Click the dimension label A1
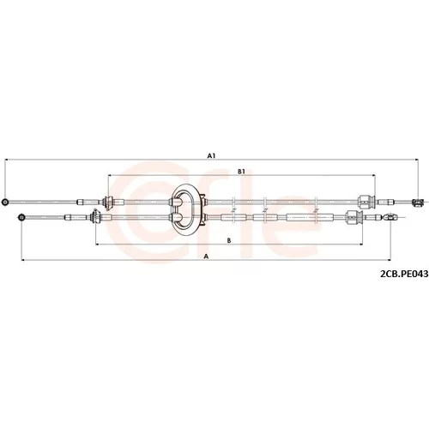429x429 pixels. pos(211,156)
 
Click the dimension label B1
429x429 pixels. pos(242,172)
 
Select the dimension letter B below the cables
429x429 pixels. pos(229,241)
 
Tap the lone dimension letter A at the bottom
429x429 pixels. pos(206,257)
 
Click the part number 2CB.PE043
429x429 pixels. pos(404,274)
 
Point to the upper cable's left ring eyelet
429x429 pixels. pos(4,202)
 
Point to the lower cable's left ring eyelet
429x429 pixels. pos(21,217)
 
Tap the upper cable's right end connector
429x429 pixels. pos(417,202)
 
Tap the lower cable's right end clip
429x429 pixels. pos(390,217)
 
